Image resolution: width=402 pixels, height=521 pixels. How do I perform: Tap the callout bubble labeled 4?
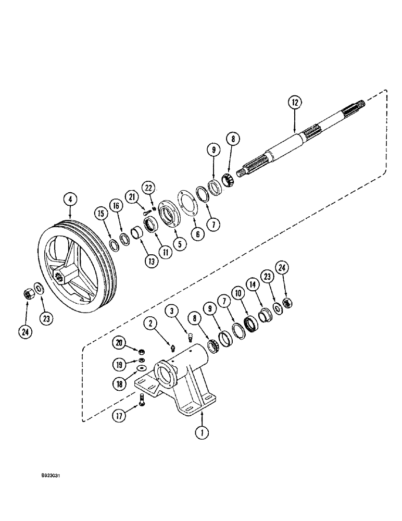pos(69,199)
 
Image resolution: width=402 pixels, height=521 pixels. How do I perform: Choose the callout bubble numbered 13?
pos(152,262)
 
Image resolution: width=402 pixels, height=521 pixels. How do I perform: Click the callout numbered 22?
pos(149,188)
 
